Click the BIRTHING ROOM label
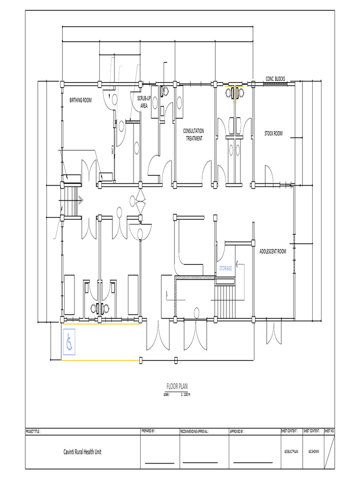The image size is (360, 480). point(81,100)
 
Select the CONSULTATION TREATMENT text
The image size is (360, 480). point(193,135)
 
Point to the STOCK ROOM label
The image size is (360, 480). point(273,134)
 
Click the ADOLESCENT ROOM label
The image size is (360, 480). point(272,252)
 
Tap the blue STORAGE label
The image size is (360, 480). point(226,269)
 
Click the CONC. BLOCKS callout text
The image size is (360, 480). point(275,79)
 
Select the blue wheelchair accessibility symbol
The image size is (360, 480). point(69,342)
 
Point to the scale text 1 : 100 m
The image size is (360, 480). point(185,394)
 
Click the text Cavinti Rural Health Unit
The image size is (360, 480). point(82,452)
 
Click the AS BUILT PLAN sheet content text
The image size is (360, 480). point(291,452)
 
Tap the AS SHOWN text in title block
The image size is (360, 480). point(314,452)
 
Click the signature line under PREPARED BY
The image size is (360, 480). point(159,463)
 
